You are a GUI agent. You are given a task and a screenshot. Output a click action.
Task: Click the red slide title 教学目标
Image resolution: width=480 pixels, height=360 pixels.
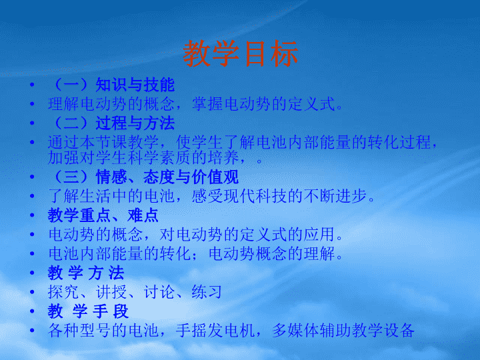point(240,53)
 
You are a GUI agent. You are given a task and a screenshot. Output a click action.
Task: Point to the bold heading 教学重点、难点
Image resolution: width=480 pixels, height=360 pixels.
point(103,215)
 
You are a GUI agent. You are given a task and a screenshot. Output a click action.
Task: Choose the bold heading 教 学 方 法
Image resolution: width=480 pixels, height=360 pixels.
point(86,273)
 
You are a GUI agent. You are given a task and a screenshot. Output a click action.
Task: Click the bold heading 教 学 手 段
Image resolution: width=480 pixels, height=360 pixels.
point(88,311)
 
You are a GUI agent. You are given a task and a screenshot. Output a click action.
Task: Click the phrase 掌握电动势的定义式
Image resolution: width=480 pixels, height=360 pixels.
point(264,104)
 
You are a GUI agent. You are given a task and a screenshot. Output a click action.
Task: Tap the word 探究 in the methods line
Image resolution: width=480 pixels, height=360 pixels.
point(63,292)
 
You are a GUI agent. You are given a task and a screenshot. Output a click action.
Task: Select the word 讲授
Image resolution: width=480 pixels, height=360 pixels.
point(111,292)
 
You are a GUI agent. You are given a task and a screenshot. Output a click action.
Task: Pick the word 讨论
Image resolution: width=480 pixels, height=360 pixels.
point(159,292)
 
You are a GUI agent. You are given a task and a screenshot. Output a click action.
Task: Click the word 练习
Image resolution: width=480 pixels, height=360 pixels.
point(207,292)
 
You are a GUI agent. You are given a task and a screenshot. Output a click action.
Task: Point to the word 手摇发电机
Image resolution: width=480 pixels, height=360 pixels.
point(215,330)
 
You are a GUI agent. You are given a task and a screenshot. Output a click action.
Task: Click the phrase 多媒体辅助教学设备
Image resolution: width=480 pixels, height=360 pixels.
point(343,330)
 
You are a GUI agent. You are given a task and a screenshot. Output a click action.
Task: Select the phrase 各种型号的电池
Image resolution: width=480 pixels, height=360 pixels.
point(103,330)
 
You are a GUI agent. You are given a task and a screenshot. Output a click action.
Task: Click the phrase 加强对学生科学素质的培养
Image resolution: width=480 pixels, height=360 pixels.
point(143,157)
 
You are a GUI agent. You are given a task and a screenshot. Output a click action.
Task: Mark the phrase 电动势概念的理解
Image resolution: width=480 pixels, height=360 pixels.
point(271,253)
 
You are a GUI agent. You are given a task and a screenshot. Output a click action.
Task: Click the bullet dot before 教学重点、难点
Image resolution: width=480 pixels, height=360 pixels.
point(32,215)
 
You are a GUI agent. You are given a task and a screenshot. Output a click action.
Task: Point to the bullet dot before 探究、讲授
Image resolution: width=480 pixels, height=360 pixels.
point(32,292)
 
